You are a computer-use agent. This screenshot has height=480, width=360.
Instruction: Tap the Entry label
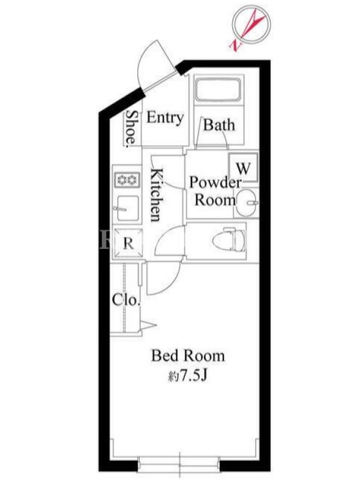[165, 118]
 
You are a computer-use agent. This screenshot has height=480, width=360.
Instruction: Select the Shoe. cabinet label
[131, 127]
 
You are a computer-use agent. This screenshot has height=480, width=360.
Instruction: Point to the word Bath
[219, 125]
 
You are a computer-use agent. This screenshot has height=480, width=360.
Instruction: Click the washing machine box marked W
[244, 167]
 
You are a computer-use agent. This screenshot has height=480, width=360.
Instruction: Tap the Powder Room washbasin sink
[247, 202]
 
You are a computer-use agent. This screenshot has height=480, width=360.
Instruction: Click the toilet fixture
[229, 239]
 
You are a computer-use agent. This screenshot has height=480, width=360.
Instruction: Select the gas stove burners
[127, 180]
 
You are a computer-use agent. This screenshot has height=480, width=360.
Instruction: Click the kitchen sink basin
[127, 208]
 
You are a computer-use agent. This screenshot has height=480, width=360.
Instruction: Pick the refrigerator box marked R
[128, 244]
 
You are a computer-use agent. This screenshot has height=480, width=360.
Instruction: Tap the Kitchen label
[156, 194]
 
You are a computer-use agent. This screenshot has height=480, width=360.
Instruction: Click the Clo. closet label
[126, 301]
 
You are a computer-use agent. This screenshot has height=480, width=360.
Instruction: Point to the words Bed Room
[188, 356]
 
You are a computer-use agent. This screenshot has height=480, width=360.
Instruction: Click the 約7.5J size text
[188, 376]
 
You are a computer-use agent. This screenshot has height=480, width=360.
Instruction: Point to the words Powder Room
[215, 191]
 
